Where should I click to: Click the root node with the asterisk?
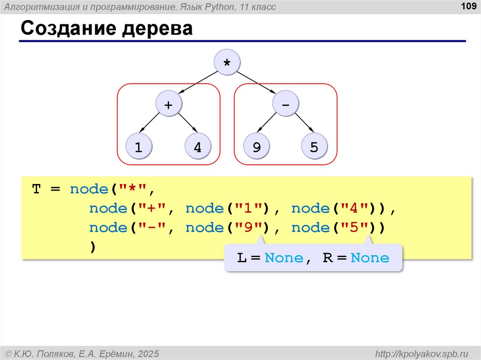[x=227, y=63]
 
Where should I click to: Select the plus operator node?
[x=168, y=105]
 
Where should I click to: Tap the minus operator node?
[x=286, y=105]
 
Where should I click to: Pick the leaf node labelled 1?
[x=139, y=147]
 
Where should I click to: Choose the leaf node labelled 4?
[x=198, y=147]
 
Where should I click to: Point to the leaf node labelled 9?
[x=256, y=147]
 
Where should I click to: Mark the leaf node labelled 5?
[x=314, y=147]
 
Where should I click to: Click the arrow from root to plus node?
[x=198, y=84]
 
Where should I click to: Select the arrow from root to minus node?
[x=256, y=84]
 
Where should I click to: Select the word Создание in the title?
[x=68, y=29]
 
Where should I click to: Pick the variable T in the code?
[x=37, y=190]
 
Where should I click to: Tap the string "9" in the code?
[x=248, y=228]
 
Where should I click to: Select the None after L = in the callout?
[x=284, y=258]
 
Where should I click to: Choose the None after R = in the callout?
[x=370, y=258]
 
